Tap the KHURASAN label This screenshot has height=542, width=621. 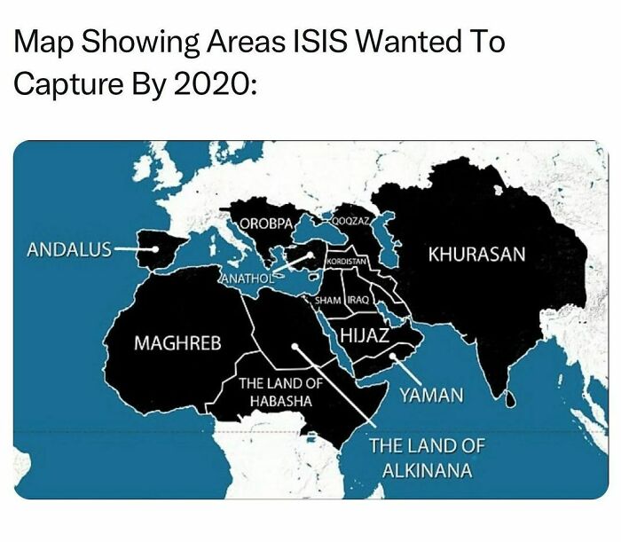(476, 255)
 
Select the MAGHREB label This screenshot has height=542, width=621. (177, 342)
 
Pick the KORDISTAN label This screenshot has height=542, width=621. (347, 263)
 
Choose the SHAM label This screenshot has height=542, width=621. (328, 300)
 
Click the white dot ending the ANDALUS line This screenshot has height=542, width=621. (155, 249)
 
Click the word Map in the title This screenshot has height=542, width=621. (44, 41)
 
